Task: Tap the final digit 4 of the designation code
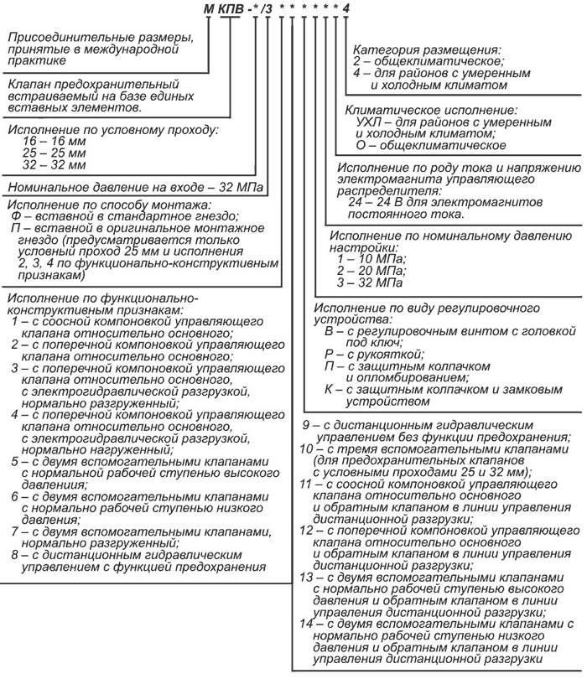click(x=346, y=9)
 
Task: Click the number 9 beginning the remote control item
click(x=308, y=425)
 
